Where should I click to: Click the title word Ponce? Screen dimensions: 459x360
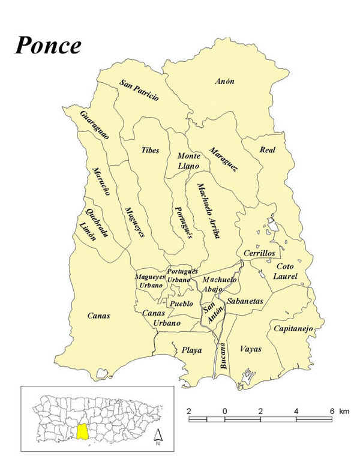(48, 44)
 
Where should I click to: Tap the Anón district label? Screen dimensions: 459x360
(225, 81)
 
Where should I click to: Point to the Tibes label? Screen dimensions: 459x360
(150, 150)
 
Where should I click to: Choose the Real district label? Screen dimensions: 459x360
(267, 149)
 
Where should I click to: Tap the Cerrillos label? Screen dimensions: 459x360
(259, 253)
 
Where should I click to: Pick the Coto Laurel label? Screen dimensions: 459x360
(285, 271)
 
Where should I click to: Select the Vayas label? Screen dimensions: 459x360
(250, 349)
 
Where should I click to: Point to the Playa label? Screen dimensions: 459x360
(192, 350)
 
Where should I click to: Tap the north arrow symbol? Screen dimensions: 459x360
(157, 436)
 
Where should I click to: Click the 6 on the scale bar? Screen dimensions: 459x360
(332, 411)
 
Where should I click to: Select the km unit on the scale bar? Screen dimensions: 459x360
(344, 411)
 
